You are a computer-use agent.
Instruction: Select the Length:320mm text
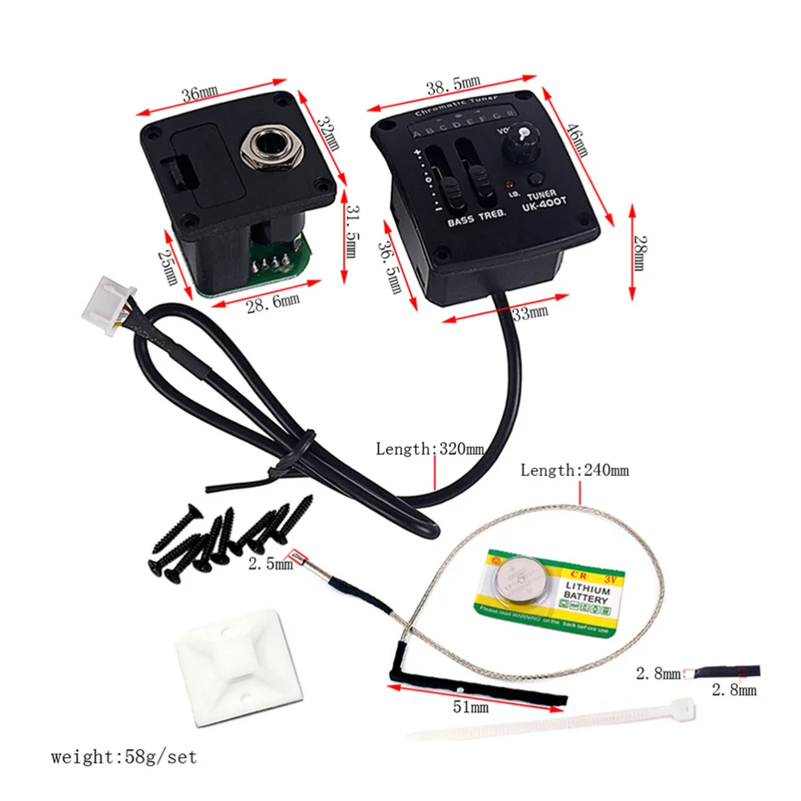click(x=429, y=449)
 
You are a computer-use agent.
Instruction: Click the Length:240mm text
click(x=574, y=470)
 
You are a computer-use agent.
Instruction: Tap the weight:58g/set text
click(x=123, y=756)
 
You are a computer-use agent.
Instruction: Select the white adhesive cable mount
click(x=239, y=670)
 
